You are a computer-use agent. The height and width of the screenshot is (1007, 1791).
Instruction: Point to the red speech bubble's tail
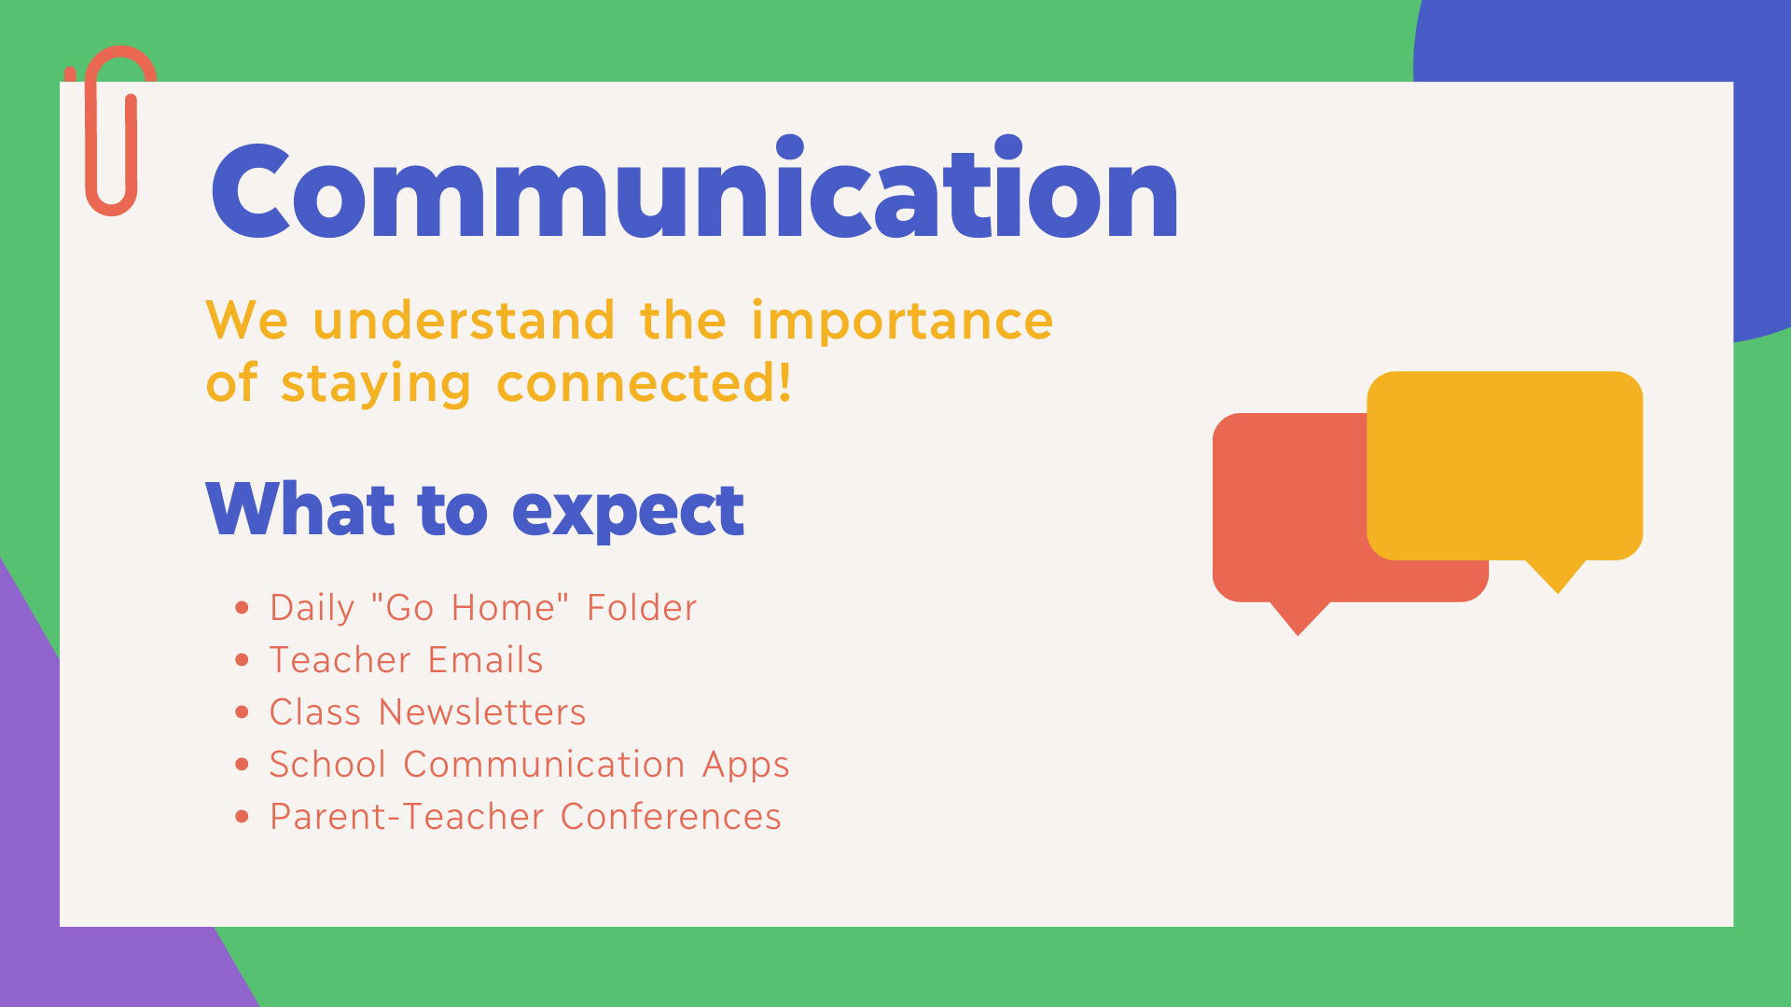1298,618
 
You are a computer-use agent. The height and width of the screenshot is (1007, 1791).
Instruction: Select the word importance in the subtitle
902,321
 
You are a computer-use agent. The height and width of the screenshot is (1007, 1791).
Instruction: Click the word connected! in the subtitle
644,383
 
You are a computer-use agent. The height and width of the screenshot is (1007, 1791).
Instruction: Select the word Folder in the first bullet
642,608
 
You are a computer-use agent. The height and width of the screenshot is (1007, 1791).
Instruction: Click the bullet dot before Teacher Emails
243,660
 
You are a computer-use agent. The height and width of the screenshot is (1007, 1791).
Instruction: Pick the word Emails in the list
485,660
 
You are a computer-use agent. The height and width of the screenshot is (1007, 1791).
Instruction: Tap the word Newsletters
482,712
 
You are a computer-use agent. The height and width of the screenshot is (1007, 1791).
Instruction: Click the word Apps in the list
746,766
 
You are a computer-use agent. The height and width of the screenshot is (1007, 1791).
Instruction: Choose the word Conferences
671,817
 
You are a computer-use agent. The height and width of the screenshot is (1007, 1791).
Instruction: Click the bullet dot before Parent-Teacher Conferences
243,817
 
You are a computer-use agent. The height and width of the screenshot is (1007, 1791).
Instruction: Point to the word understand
464,321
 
